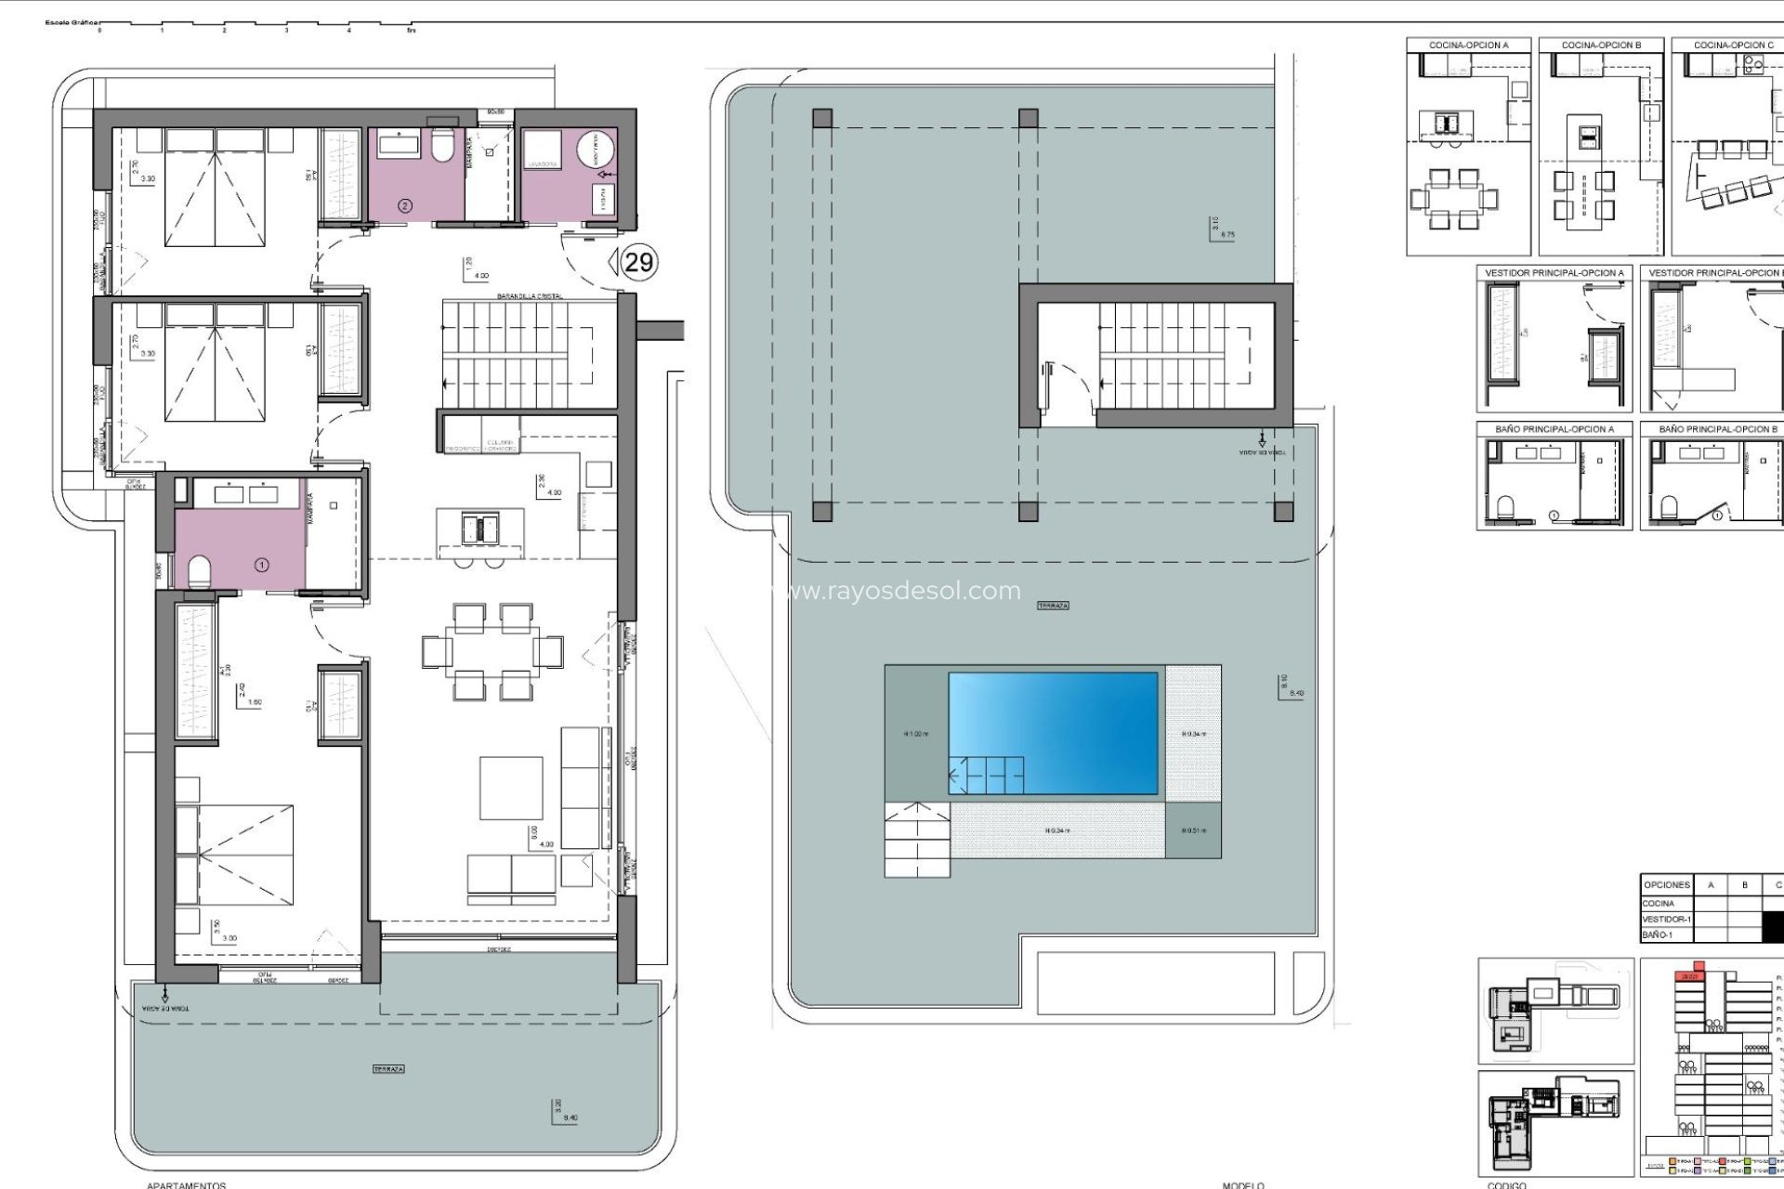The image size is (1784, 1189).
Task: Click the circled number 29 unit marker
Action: click(x=638, y=262)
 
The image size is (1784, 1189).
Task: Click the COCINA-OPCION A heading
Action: click(x=1468, y=45)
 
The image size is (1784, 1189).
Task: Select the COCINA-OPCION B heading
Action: click(x=1601, y=45)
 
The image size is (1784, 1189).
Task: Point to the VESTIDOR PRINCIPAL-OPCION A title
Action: click(x=1554, y=273)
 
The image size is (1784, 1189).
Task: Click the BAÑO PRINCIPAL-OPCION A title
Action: click(x=1554, y=429)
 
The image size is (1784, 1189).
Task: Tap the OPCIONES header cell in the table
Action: click(x=1666, y=884)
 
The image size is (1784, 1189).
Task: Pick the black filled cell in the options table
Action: click(x=1773, y=926)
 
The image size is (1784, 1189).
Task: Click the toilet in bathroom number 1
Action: click(x=200, y=570)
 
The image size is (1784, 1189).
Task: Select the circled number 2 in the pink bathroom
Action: click(x=404, y=205)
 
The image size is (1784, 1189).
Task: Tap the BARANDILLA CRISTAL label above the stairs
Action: click(x=530, y=296)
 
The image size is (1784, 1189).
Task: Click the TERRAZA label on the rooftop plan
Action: click(x=1053, y=606)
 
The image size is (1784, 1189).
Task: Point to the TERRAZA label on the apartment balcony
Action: click(x=388, y=1069)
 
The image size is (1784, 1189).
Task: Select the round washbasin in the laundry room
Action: click(x=595, y=150)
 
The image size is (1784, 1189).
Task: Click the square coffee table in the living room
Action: click(x=511, y=788)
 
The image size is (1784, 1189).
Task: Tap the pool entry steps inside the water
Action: click(x=986, y=775)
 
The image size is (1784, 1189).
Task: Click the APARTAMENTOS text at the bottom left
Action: click(x=186, y=1184)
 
